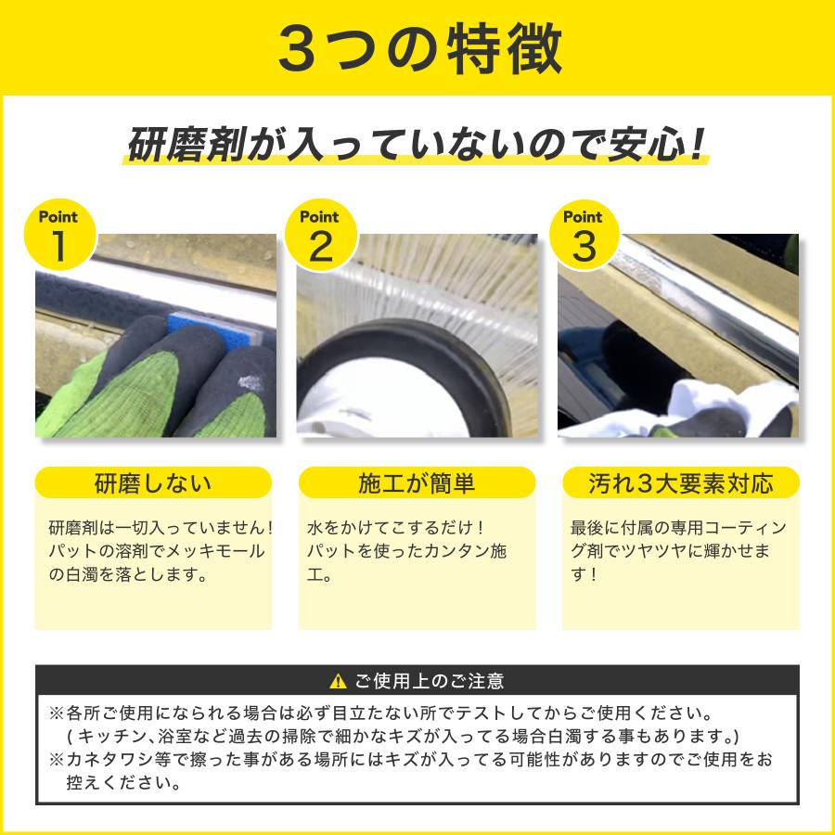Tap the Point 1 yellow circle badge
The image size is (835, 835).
[59, 237]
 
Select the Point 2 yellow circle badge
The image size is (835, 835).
[320, 237]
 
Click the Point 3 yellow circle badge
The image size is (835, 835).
[583, 237]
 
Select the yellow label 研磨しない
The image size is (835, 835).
[153, 483]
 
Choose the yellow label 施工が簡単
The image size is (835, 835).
[417, 483]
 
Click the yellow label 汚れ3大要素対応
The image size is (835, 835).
[680, 483]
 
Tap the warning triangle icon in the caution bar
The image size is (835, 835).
[338, 682]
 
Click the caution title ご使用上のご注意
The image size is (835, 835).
[430, 682]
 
